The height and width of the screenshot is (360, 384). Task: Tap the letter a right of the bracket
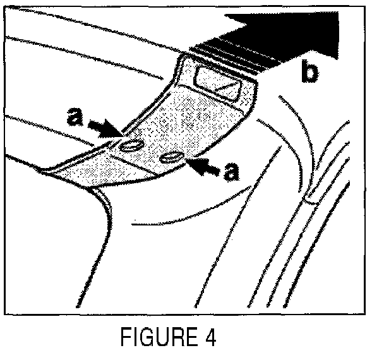[x=232, y=171]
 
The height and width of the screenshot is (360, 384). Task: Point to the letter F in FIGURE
[x=125, y=338]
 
